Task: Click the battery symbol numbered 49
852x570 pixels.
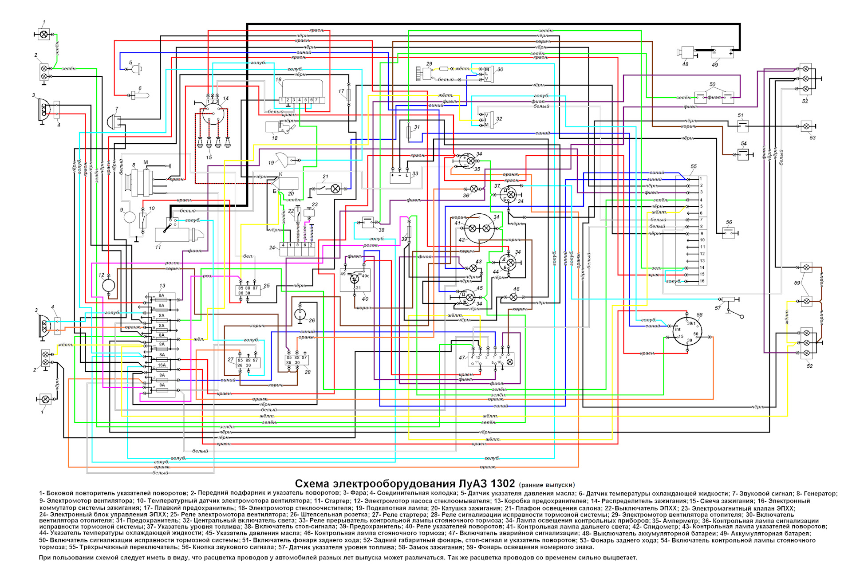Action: (x=722, y=52)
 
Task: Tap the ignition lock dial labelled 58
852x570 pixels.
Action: (x=687, y=332)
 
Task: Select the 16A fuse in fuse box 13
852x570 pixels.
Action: (x=162, y=366)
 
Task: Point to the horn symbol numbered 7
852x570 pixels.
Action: (x=113, y=121)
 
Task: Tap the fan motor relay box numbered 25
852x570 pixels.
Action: (x=248, y=291)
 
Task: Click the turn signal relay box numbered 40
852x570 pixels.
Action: (x=355, y=279)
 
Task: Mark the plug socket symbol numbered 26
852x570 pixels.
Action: (x=300, y=314)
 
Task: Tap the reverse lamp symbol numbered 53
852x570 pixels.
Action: (x=806, y=126)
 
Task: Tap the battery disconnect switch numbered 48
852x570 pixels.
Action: (x=687, y=52)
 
